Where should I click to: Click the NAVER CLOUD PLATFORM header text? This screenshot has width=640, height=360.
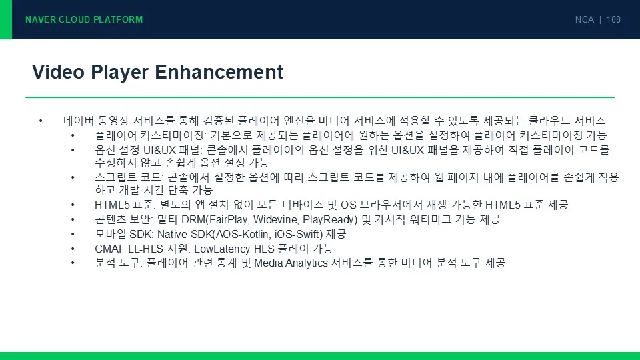tap(84, 19)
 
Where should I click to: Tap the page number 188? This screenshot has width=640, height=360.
tap(613, 19)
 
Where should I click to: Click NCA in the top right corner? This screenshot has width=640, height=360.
tap(585, 19)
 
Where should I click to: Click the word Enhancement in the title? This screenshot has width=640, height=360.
tap(219, 72)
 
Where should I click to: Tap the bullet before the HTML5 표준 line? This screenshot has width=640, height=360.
tap(73, 205)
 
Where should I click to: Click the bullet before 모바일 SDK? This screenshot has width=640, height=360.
tap(73, 234)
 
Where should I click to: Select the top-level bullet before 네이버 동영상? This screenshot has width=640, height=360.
tap(41, 121)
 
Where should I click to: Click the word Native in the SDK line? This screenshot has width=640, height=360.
tap(172, 234)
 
